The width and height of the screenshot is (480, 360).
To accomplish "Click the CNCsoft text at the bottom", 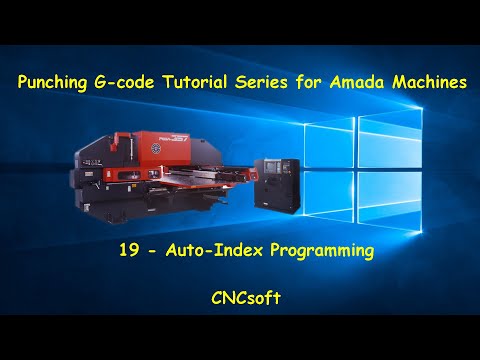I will click(x=240, y=297).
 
